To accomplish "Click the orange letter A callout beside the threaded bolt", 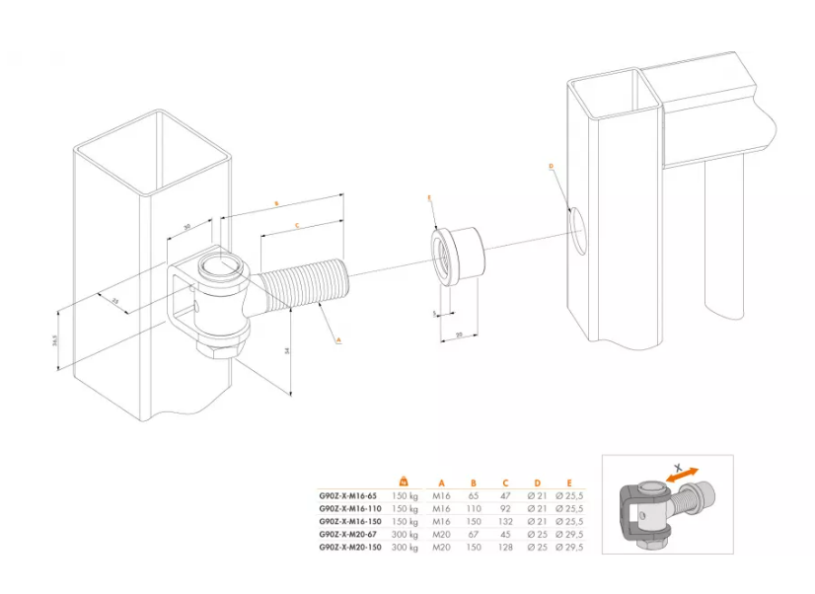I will click(x=338, y=338).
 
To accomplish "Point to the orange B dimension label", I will click(x=278, y=202).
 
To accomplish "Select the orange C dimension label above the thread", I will click(x=296, y=226).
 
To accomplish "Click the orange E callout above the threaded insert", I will click(x=429, y=198).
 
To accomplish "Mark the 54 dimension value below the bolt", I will click(x=286, y=350).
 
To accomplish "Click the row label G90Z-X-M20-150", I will click(x=348, y=546).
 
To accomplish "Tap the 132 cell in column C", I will click(x=505, y=520).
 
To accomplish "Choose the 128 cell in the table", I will click(x=505, y=546).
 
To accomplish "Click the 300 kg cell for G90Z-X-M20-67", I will click(x=405, y=533).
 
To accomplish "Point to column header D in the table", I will click(x=537, y=483).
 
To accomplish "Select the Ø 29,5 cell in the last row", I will click(x=571, y=546).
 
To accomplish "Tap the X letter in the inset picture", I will click(x=678, y=464).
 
